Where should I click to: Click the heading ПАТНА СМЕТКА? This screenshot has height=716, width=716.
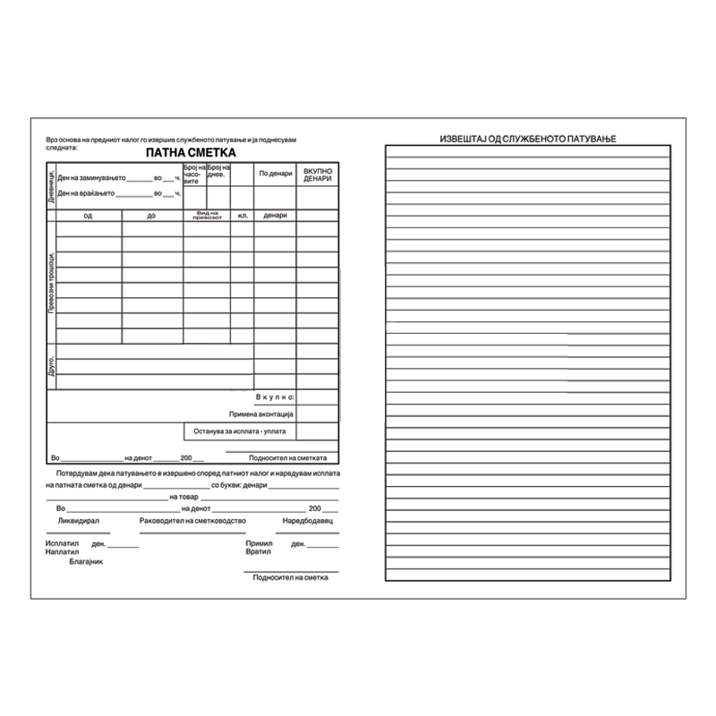tap(187, 153)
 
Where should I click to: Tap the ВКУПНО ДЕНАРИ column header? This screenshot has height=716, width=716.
tap(318, 174)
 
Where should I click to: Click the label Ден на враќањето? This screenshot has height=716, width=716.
tap(86, 192)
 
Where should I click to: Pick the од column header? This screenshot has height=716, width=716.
tap(88, 216)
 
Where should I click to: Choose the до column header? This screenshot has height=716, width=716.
tap(152, 216)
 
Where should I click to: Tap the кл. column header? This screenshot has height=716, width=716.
tap(242, 216)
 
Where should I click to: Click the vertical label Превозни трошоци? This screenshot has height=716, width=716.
tap(51, 281)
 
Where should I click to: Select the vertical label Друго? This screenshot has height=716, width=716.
tap(51, 366)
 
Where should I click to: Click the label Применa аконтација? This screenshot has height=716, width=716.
tap(261, 413)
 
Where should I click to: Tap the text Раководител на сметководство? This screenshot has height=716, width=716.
tap(192, 520)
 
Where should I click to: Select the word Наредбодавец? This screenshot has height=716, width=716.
tap(307, 520)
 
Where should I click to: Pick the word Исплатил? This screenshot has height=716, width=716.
tap(62, 543)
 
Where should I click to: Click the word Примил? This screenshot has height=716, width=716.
tap(257, 543)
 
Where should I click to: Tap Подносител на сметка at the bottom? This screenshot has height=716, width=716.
tap(291, 577)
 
